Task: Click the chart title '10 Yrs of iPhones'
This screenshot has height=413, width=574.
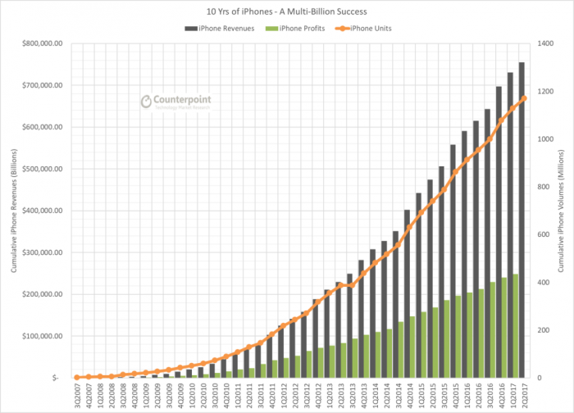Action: (287, 11)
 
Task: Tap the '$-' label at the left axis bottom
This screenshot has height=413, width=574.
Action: (56, 378)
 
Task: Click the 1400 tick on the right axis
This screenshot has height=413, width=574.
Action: (545, 43)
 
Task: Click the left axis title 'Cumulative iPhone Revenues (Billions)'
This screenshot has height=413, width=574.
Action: (11, 211)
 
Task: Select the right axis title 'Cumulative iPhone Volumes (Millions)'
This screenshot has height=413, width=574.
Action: (566, 211)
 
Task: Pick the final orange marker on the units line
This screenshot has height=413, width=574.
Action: (524, 98)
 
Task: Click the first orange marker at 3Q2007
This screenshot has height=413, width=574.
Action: (76, 377)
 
